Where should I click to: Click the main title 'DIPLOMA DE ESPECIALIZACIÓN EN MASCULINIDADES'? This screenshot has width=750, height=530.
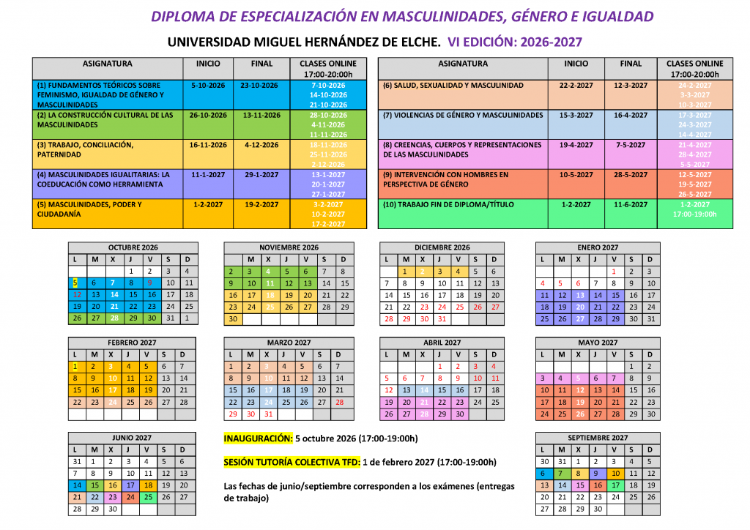(x=402, y=16)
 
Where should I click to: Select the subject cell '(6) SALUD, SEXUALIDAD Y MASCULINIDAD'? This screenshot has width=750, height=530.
(x=453, y=86)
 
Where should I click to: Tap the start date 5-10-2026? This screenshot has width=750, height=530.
(x=207, y=86)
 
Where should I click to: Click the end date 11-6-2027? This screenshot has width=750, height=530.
(x=631, y=204)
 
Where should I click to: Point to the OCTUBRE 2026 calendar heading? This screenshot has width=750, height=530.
(x=133, y=247)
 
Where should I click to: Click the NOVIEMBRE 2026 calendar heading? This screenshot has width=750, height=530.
(x=289, y=247)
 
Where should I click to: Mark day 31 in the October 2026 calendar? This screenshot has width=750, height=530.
(x=171, y=318)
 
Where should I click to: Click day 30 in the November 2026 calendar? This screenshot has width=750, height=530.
(x=232, y=318)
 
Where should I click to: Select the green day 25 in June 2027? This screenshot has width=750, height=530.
(x=149, y=497)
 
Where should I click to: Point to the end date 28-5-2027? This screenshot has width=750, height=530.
(x=631, y=175)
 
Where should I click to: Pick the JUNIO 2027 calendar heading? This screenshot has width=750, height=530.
(x=133, y=438)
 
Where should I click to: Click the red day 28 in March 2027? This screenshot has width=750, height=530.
(x=339, y=402)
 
